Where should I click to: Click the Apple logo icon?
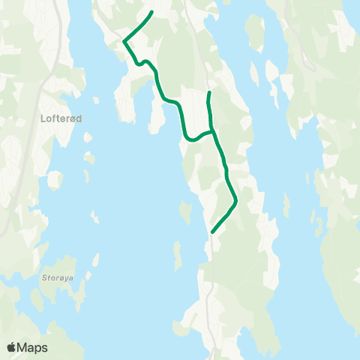pyautogui.click(x=12, y=347)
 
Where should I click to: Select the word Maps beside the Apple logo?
pyautogui.click(x=33, y=347)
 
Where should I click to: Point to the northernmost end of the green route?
pyautogui.click(x=152, y=12)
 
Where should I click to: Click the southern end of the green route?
pyautogui.click(x=213, y=232)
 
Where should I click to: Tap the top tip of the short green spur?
pyautogui.click(x=208, y=92)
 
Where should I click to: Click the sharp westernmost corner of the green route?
pyautogui.click(x=124, y=41)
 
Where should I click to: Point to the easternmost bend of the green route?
pyautogui.click(x=235, y=199)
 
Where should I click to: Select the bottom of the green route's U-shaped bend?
pyautogui.click(x=189, y=138)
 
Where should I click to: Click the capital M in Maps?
pyautogui.click(x=23, y=347)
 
